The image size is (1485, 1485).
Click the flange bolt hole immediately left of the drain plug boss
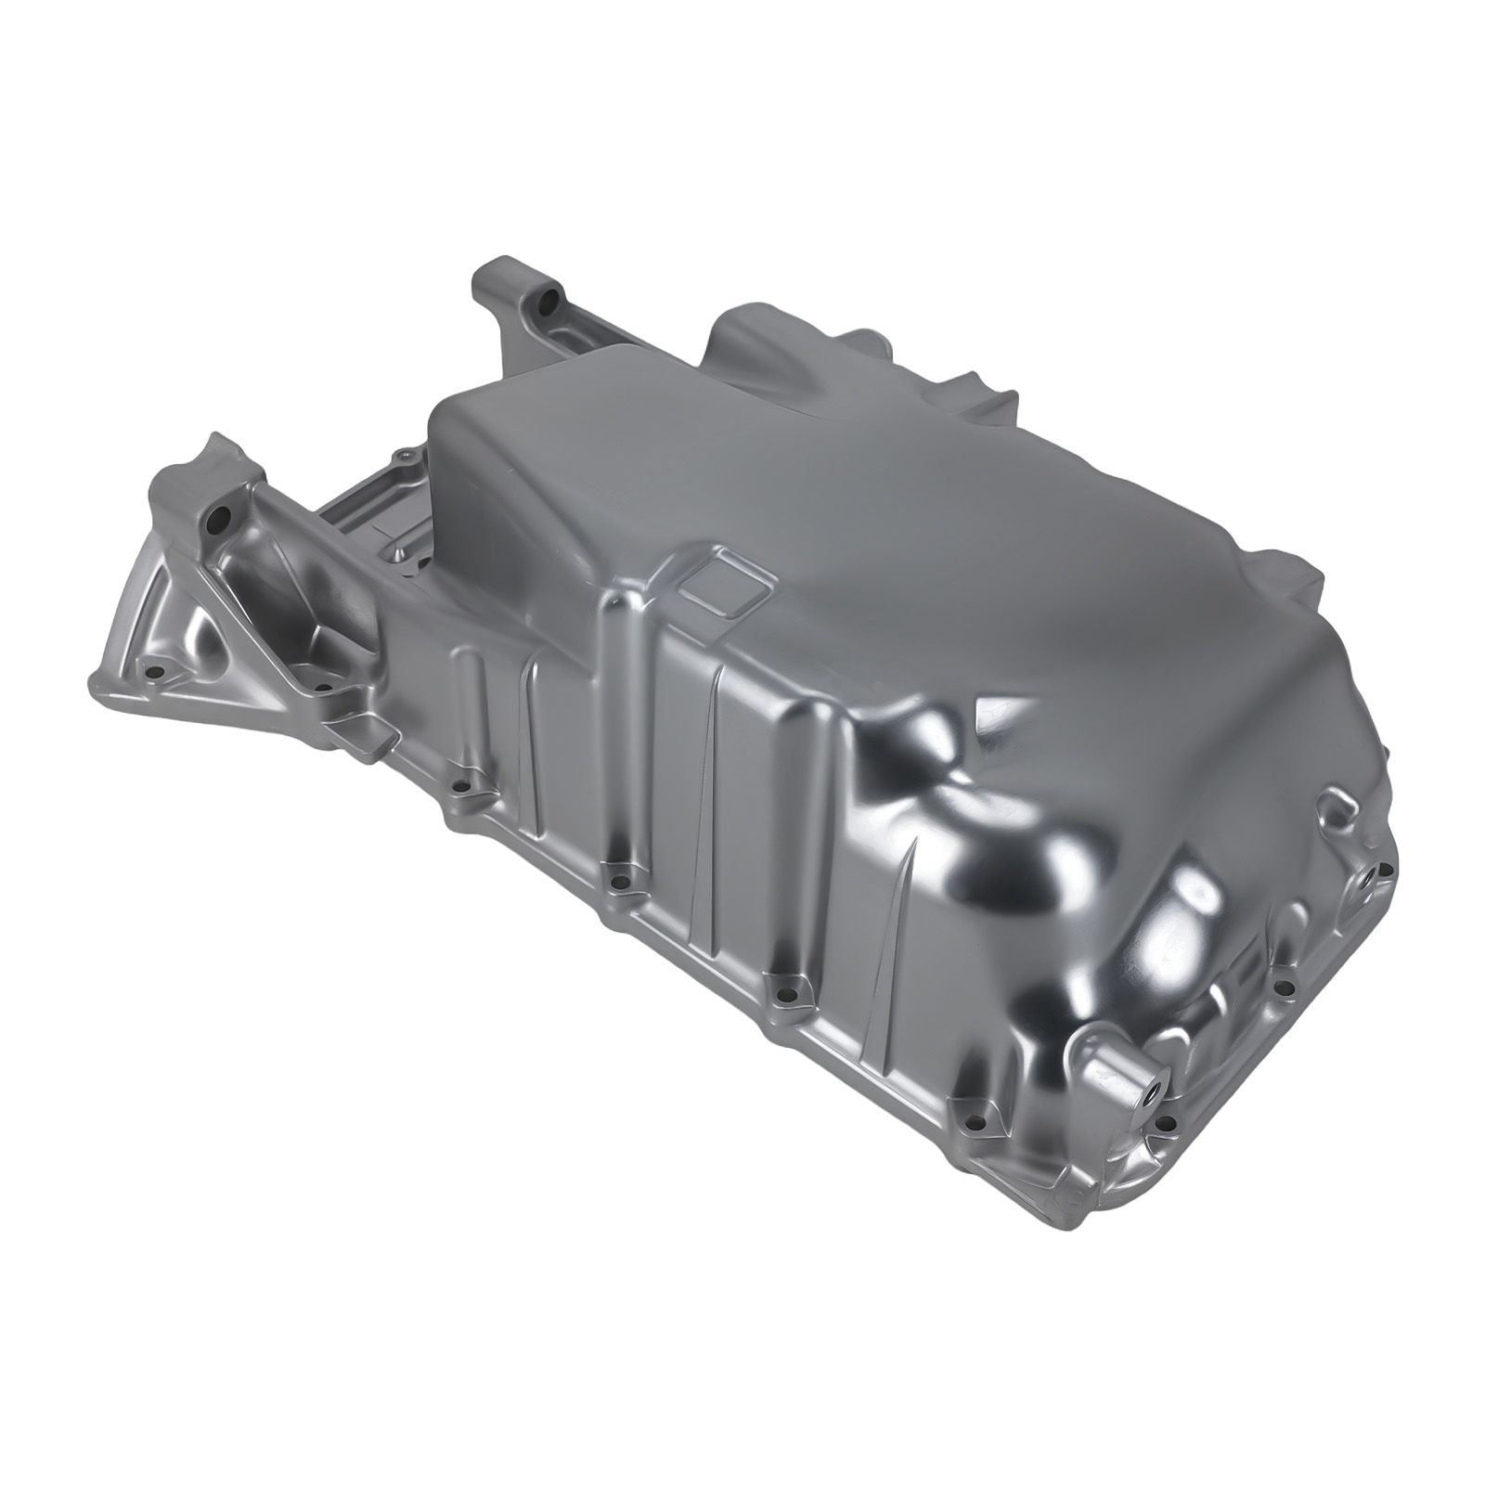(973, 1125)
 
